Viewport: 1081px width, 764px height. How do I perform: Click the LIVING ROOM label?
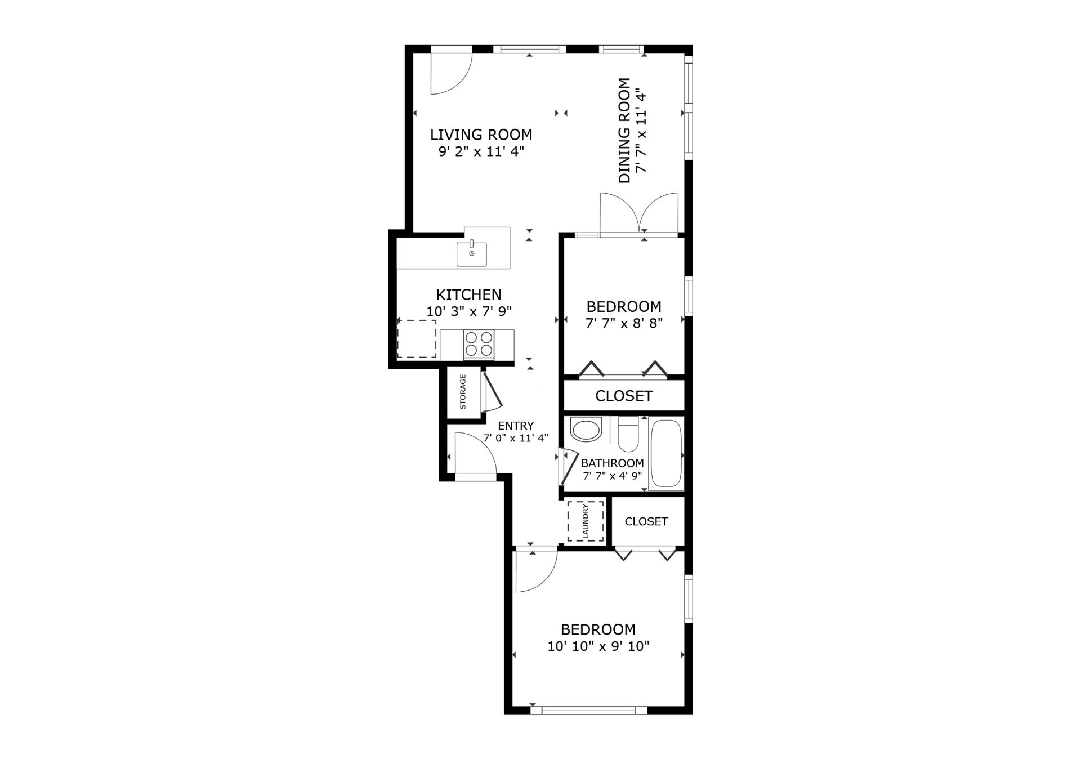click(x=481, y=135)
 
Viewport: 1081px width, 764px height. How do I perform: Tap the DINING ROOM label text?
click(x=624, y=131)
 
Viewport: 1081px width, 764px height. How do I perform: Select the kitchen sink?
click(x=472, y=254)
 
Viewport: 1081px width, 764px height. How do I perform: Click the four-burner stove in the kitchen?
click(x=479, y=345)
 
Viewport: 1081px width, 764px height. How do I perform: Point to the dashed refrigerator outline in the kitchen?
click(x=417, y=339)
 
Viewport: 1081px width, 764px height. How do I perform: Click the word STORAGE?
click(x=463, y=392)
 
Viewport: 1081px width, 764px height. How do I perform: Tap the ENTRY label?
click(x=516, y=426)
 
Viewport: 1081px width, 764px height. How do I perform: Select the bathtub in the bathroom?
click(x=666, y=453)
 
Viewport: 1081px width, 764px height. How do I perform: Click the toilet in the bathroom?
click(x=628, y=434)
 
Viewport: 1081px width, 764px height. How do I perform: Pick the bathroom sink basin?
click(x=587, y=431)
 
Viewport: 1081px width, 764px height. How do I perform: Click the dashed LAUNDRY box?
click(x=586, y=521)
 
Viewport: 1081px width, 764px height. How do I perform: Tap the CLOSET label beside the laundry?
click(x=646, y=522)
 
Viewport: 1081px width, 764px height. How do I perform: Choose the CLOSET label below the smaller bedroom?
click(x=624, y=396)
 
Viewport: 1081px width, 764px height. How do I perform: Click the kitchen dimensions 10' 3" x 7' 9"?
click(x=469, y=311)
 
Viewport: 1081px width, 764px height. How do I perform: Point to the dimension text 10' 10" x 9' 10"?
click(x=598, y=646)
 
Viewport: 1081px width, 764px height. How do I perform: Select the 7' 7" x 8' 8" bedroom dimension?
click(x=624, y=323)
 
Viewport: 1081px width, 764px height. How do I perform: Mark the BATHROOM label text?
click(x=613, y=463)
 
